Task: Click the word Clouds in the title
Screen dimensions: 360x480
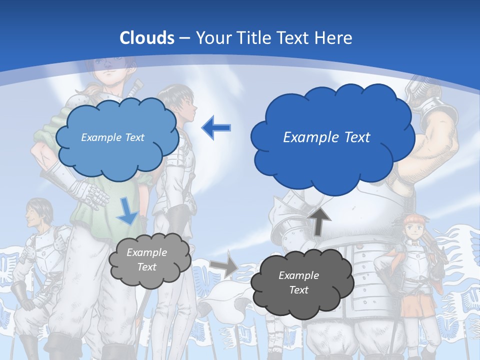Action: point(147,37)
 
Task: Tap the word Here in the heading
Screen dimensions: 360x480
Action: point(335,37)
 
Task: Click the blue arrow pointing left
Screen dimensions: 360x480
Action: point(216,128)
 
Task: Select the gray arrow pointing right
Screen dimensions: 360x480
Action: point(223,267)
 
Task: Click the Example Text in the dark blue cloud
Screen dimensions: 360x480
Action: point(326,137)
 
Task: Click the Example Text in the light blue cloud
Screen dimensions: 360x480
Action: point(112,137)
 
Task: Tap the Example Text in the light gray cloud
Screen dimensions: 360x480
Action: point(147,259)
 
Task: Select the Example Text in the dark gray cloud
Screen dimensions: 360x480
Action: point(298,282)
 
